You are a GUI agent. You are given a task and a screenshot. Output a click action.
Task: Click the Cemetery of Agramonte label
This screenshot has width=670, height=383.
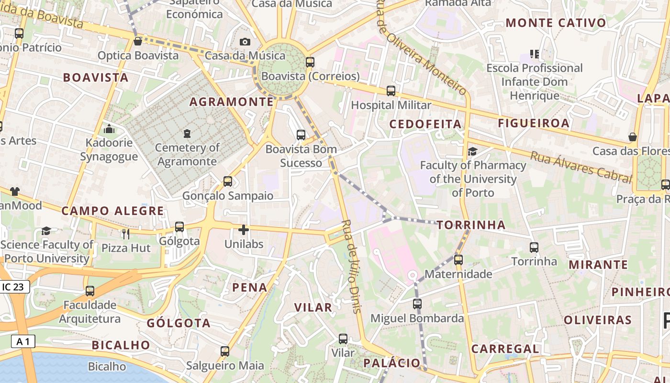[187, 154]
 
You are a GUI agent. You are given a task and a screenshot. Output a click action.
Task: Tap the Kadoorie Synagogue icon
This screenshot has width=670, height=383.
[109, 129]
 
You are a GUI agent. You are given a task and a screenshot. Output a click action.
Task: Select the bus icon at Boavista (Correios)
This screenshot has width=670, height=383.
[310, 62]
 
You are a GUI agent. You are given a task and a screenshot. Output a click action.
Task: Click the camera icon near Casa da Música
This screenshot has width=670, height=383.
[245, 42]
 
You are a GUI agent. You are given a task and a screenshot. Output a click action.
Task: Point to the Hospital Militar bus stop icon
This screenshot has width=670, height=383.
[391, 90]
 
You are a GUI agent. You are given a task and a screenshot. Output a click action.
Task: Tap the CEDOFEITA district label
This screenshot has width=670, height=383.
[425, 124]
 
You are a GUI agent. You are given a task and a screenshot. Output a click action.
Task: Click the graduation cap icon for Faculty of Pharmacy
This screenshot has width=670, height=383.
[473, 151]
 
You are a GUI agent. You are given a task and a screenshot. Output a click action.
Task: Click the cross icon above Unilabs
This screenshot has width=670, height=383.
[244, 230]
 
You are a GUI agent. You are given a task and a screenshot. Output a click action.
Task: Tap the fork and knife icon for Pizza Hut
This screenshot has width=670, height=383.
[126, 234]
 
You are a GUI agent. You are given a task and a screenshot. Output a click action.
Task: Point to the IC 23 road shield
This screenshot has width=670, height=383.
[14, 287]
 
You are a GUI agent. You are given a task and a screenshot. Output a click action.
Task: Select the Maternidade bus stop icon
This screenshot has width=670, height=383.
[458, 260]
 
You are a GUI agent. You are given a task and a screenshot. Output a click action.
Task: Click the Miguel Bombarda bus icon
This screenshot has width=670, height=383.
[417, 304]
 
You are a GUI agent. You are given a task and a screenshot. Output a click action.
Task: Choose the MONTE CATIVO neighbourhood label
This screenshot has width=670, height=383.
[556, 23]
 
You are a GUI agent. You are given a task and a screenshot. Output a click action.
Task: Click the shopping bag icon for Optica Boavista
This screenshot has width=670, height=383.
[138, 41]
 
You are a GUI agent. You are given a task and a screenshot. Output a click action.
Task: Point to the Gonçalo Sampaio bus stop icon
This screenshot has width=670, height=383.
[228, 181]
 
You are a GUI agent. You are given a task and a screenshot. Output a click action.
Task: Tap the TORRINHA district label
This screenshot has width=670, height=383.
[471, 225]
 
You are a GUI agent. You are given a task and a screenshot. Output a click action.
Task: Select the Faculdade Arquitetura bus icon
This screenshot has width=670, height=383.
[90, 291]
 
